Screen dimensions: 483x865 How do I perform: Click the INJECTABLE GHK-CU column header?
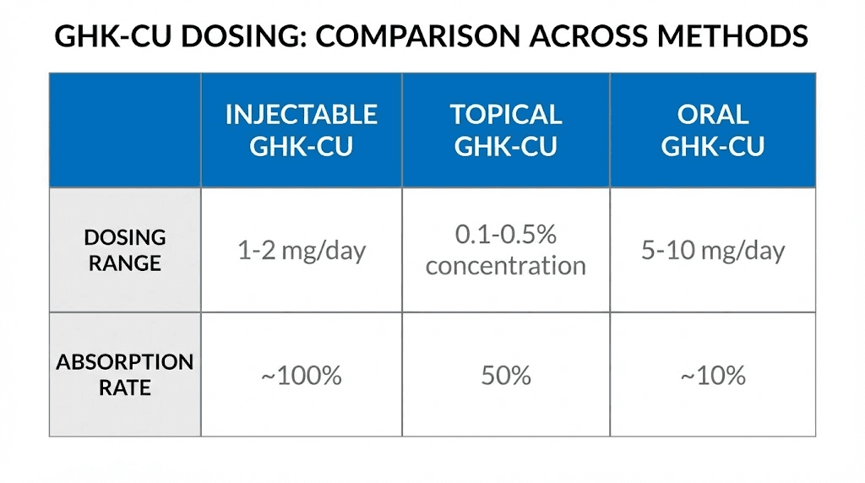(x=301, y=130)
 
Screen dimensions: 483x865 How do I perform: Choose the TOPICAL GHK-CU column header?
(x=505, y=130)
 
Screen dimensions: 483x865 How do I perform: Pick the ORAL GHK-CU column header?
(x=712, y=130)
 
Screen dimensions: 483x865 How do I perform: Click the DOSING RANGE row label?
(x=125, y=250)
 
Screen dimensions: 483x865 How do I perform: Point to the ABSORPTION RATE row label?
(x=125, y=375)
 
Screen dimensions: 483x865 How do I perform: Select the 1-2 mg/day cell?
(x=301, y=251)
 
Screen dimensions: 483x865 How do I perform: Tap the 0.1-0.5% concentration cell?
(x=505, y=250)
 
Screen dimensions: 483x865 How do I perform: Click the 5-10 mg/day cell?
(x=712, y=251)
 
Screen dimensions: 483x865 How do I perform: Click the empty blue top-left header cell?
(x=125, y=130)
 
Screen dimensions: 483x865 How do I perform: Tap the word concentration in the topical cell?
(x=505, y=266)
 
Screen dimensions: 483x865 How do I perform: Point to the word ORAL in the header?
(x=712, y=114)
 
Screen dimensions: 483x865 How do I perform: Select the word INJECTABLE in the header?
(x=301, y=114)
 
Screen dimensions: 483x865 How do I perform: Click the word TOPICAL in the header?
(x=505, y=114)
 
